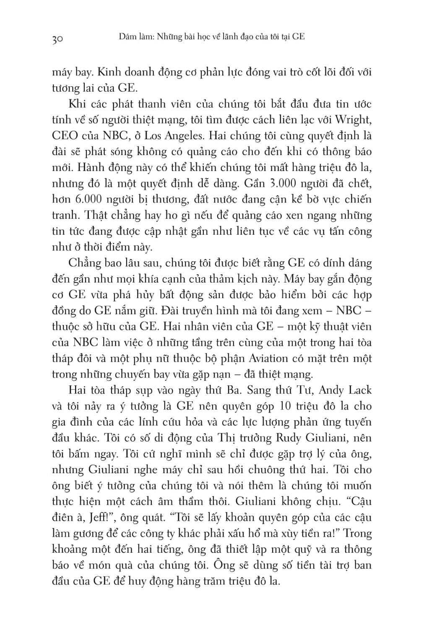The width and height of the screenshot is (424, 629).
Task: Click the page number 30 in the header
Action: (x=57, y=40)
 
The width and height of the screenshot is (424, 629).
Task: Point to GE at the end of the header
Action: (x=298, y=37)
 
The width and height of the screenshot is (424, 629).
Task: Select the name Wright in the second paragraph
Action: (x=354, y=120)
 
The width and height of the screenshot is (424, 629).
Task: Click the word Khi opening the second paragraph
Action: (x=77, y=104)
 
